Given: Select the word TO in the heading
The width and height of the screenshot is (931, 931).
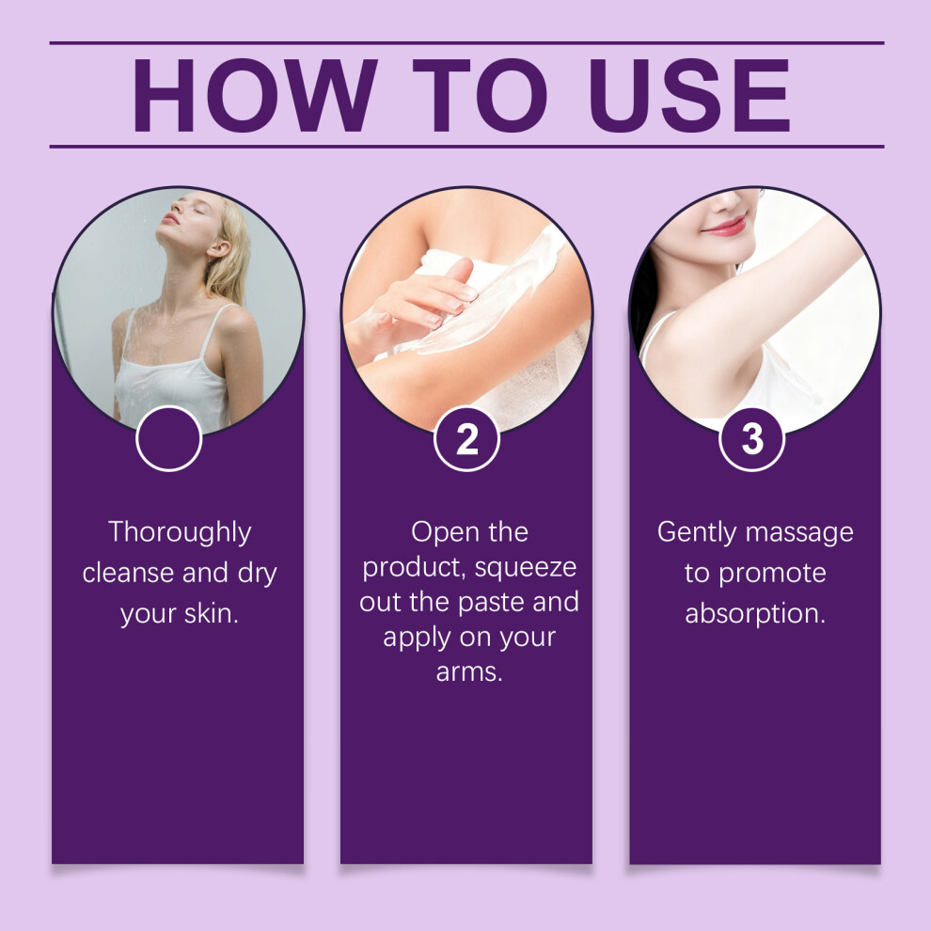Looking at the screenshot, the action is tap(480, 95).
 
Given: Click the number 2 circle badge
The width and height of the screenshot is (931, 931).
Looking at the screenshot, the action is tap(466, 439).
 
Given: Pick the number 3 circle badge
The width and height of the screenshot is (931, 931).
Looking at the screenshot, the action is tap(752, 439).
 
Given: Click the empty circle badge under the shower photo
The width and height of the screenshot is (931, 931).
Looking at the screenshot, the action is tap(169, 439).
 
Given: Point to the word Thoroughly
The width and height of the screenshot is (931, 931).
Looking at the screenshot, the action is tap(180, 532).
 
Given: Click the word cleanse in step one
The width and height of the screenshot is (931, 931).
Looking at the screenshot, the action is tap(128, 573).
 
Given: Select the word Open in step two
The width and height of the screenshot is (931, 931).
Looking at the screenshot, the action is tap(438, 532).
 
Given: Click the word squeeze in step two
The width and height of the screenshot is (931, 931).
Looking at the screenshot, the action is tap(526, 569).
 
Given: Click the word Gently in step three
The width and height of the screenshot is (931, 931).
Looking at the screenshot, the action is tap(697, 532).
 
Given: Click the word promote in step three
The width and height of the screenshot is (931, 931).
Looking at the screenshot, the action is tap(772, 575).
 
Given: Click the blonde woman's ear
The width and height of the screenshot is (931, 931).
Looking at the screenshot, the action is tap(218, 247).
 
